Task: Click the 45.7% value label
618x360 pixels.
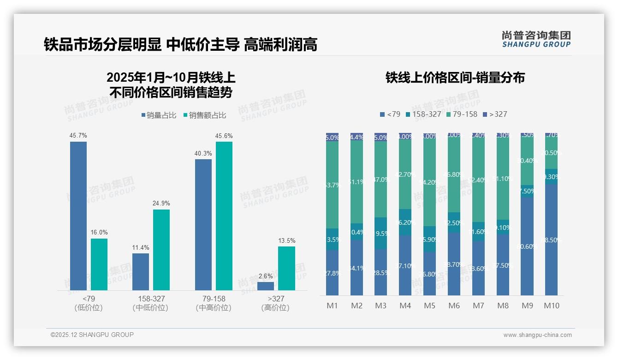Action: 78,136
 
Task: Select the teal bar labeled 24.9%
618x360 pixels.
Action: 161,250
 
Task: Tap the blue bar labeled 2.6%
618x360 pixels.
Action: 266,286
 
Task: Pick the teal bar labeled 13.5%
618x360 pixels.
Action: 286,268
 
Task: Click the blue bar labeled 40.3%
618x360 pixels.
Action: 203,224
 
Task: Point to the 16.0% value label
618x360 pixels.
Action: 99,233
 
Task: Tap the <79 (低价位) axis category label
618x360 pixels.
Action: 88,303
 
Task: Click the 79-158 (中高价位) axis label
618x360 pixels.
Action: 214,303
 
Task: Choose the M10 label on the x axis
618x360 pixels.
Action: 552,306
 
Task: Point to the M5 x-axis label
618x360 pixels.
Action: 429,306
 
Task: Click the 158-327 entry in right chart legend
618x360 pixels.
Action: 423,114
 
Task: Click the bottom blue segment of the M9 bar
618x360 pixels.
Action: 527,246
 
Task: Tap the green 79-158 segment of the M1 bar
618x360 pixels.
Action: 332,185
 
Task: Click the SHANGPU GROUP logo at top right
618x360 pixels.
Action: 536,39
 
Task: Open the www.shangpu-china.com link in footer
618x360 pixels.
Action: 537,335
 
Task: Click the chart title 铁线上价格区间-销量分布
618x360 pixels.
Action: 455,78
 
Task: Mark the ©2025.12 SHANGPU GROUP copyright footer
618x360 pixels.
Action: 92,335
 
